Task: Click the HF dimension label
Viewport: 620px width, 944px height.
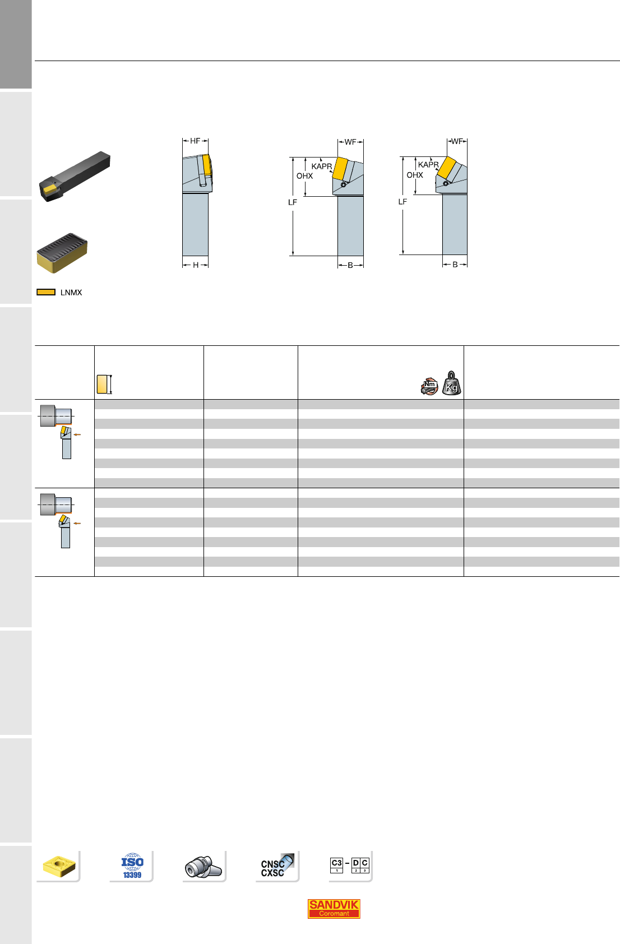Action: pyautogui.click(x=195, y=141)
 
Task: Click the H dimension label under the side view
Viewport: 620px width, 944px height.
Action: pyautogui.click(x=196, y=265)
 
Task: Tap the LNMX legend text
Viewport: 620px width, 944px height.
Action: pyautogui.click(x=71, y=293)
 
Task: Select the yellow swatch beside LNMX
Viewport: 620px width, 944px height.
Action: pyautogui.click(x=46, y=292)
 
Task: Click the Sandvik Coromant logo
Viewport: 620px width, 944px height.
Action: pyautogui.click(x=334, y=909)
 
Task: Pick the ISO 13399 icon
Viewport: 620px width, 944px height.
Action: pyautogui.click(x=132, y=866)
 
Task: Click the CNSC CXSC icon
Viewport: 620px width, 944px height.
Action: pyautogui.click(x=277, y=866)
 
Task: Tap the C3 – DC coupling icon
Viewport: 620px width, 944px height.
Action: pyautogui.click(x=350, y=865)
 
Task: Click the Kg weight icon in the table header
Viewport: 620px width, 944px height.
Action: pyautogui.click(x=451, y=383)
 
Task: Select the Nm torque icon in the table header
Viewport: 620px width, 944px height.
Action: pyautogui.click(x=429, y=386)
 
